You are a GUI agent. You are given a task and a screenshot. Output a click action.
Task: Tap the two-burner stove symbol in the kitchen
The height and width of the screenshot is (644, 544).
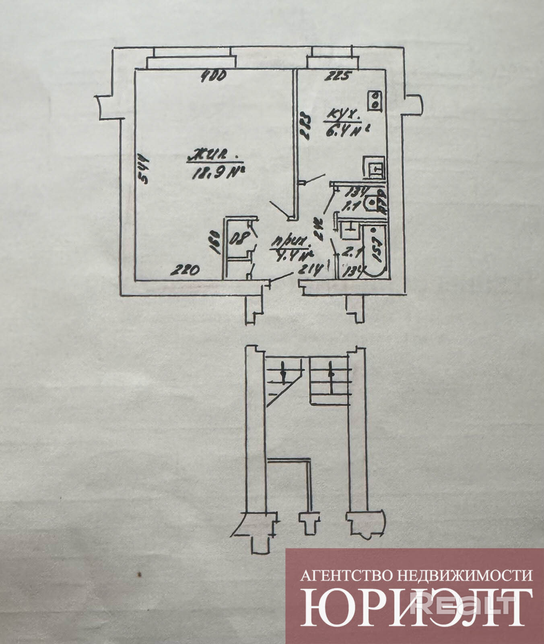tap(375, 100)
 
